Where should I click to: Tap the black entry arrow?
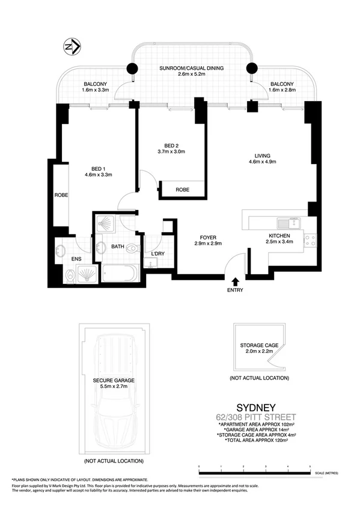pos(234,280)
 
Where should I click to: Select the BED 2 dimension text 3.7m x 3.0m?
pos(175,152)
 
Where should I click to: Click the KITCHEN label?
pos(279,236)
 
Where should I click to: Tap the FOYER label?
pos(209,237)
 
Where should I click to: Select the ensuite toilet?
pos(70,276)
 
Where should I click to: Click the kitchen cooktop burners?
pos(311,241)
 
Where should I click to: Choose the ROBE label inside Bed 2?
pos(183,189)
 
